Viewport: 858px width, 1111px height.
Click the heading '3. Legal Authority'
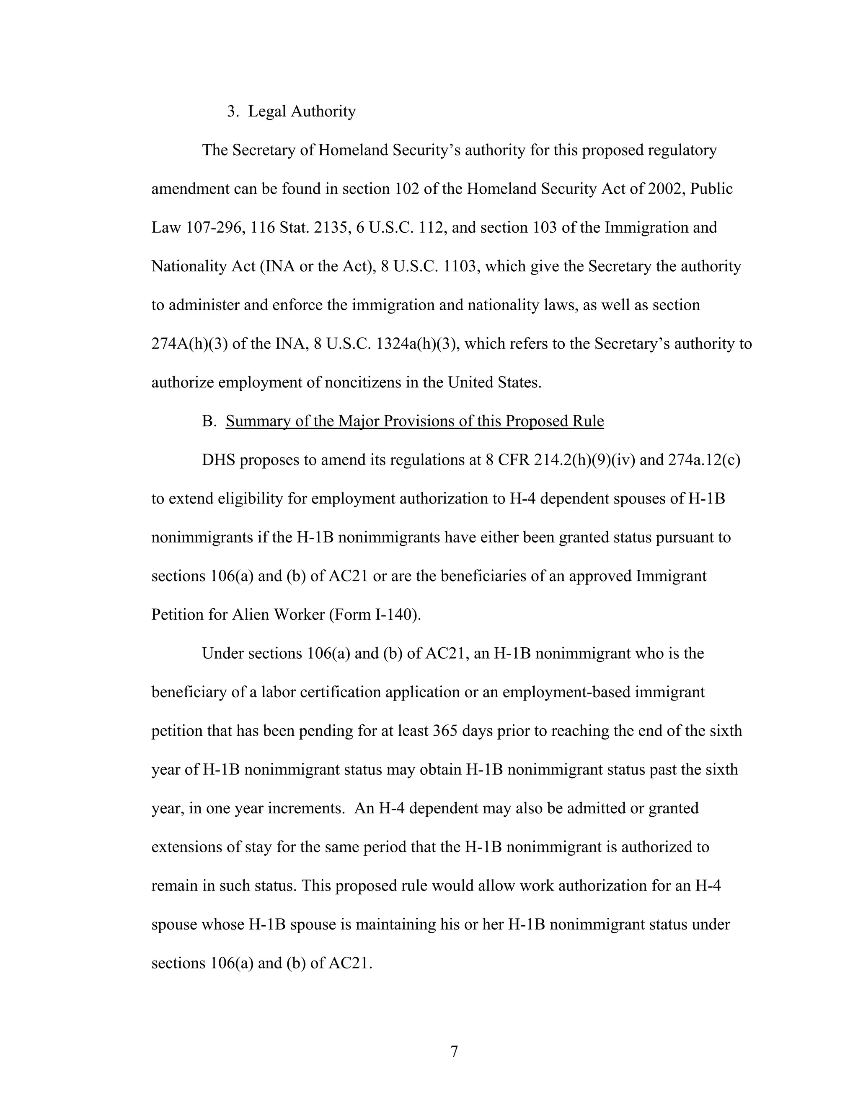291,112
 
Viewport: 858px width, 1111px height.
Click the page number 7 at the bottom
454,1051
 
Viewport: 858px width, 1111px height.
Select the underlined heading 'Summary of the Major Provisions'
414,421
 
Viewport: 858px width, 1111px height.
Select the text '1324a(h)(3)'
417,344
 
